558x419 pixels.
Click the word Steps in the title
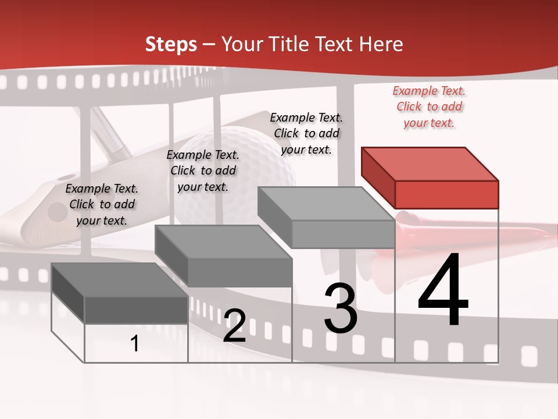click(x=171, y=44)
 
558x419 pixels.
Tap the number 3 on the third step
click(x=341, y=308)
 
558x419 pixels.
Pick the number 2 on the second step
click(x=235, y=326)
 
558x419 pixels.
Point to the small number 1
click(x=135, y=343)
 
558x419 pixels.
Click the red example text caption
click(x=429, y=106)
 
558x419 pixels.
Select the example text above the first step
click(x=102, y=204)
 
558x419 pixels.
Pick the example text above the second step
click(x=203, y=171)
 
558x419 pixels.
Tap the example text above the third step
click(x=306, y=133)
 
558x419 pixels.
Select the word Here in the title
click(x=382, y=44)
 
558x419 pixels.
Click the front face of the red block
click(x=446, y=194)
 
